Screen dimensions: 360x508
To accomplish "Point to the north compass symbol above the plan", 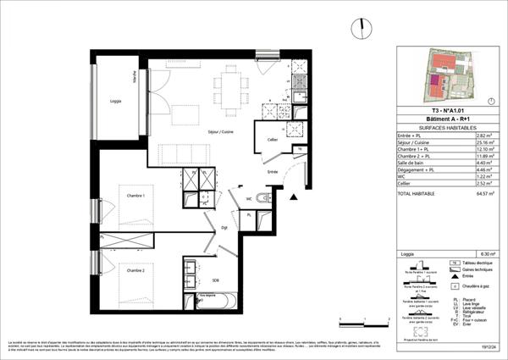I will pyautogui.click(x=362, y=27).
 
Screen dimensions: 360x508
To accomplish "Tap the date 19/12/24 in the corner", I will pyautogui.click(x=489, y=346).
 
